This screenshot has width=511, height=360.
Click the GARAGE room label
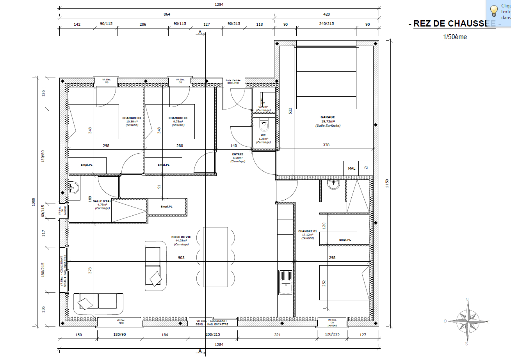coord(328,117)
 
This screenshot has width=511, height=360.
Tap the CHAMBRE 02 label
coord(132,118)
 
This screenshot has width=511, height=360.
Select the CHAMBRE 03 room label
coord(178,118)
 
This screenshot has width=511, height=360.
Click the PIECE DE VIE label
coord(181,237)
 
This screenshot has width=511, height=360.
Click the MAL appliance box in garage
coord(351,168)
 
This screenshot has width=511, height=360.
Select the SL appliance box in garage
coord(366,168)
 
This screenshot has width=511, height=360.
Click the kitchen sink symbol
coord(286,282)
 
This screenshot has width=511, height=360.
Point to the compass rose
coord(467,321)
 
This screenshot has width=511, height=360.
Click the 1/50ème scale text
coord(454,37)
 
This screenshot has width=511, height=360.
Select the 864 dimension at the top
coord(167,14)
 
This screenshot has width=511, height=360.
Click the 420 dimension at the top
coord(326,14)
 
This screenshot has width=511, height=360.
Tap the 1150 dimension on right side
coord(387,183)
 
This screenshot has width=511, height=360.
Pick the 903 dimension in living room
coord(181,258)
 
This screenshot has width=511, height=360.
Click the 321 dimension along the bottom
coord(278,335)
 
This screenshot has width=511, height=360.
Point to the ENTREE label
coord(237,154)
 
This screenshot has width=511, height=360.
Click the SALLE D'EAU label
coord(102,201)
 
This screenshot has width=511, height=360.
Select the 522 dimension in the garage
coord(290,111)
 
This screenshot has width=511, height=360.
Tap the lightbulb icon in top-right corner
coord(494,10)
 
